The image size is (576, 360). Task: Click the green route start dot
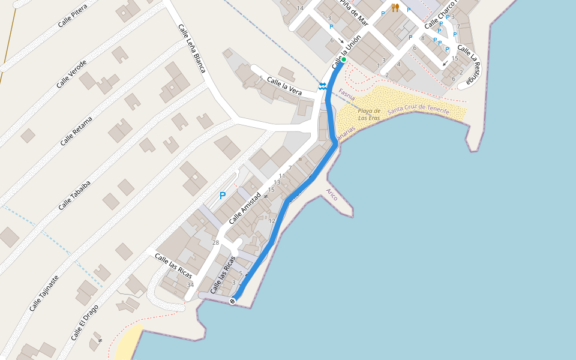pos(344,59)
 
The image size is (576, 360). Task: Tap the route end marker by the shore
pos(233,301)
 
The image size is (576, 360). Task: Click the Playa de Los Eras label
pos(369,114)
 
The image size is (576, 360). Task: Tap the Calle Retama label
pos(76,131)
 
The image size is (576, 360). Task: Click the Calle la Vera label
pos(284,86)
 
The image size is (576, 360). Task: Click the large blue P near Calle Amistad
pos(223,196)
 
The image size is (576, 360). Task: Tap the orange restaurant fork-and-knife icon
pos(395,7)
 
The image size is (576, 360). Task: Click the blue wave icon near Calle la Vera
pos(322,86)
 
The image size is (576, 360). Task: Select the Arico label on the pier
pos(331,194)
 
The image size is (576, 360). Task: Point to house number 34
pos(190,284)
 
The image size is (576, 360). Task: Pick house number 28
pos(215,242)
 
